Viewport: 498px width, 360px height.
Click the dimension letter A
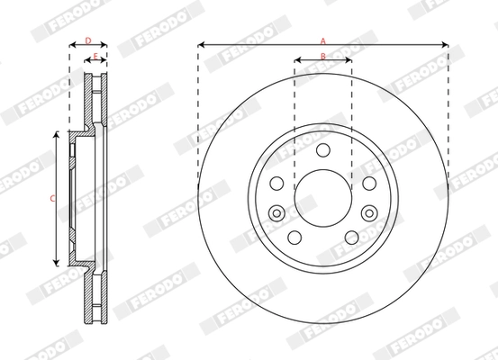coord(322,39)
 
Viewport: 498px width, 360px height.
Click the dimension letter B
coord(322,57)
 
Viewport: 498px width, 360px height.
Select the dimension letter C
coord(52,198)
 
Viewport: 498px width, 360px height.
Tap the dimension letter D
coord(87,40)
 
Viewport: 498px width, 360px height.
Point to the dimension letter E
coord(96,56)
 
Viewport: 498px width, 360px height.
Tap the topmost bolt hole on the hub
coord(323,149)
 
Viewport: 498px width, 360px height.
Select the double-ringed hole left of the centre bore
coord(277,212)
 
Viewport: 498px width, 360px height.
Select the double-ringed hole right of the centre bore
coord(369,212)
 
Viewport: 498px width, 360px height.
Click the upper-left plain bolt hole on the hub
coord(277,183)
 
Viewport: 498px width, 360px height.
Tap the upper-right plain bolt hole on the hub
coord(369,183)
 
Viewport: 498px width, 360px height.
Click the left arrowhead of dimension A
coord(201,43)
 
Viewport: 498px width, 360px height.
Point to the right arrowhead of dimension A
coord(444,43)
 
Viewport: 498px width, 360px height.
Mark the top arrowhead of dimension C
coord(59,134)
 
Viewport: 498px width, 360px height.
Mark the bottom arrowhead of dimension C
coord(59,262)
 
